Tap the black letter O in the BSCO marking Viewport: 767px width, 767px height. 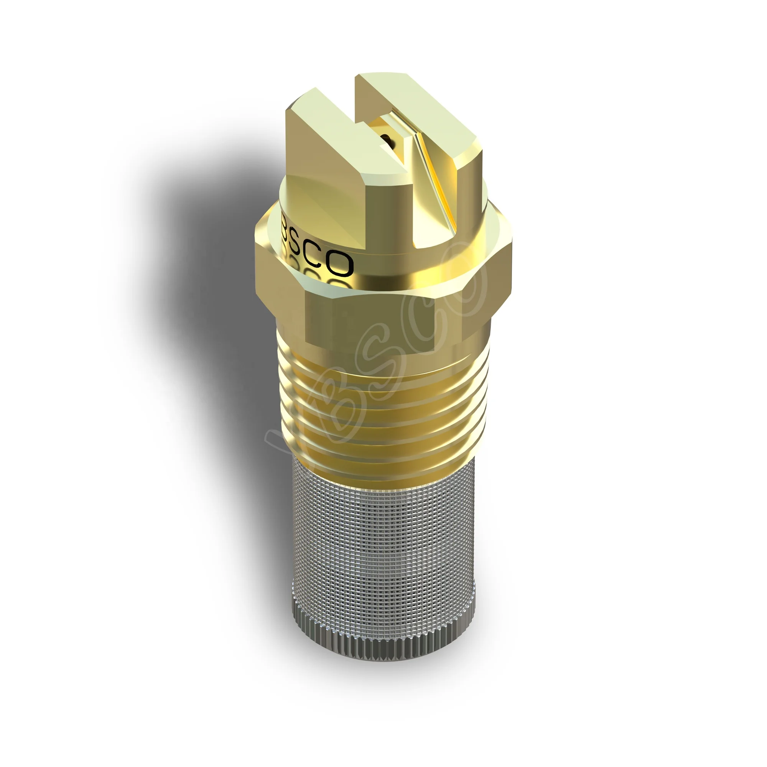(x=341, y=264)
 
